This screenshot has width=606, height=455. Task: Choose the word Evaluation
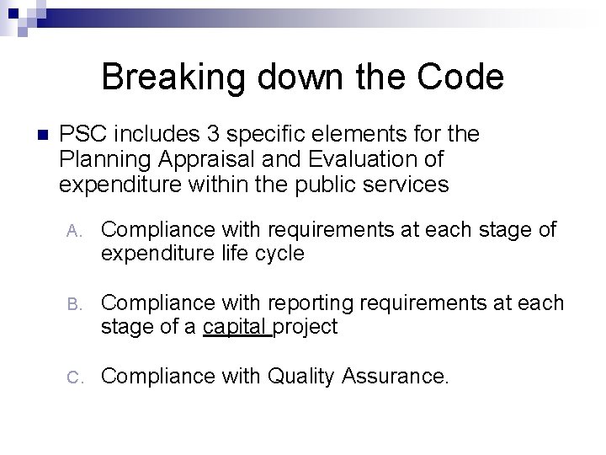click(375, 159)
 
